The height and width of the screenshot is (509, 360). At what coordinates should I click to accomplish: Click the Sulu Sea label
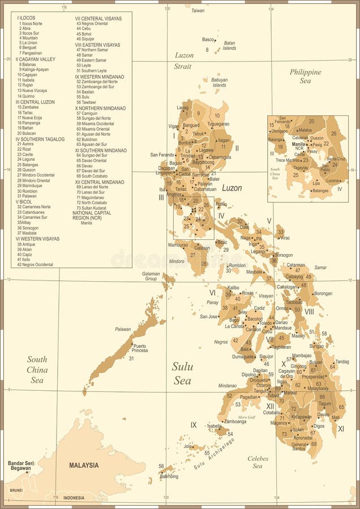pyautogui.click(x=182, y=374)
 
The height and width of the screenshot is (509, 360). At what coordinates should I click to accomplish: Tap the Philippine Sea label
pyautogui.click(x=305, y=76)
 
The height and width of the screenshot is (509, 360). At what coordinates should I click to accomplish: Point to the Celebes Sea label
pyautogui.click(x=258, y=462)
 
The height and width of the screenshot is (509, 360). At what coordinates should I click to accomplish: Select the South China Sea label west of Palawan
pyautogui.click(x=37, y=369)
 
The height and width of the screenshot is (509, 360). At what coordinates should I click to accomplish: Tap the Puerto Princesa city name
pyautogui.click(x=139, y=348)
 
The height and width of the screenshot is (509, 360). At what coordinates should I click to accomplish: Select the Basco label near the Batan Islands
pyautogui.click(x=208, y=40)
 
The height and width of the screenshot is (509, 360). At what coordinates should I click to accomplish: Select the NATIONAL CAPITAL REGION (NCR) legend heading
pyautogui.click(x=98, y=215)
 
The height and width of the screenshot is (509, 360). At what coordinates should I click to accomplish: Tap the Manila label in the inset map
pyautogui.click(x=298, y=144)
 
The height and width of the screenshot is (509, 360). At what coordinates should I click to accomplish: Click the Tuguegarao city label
pyautogui.click(x=218, y=123)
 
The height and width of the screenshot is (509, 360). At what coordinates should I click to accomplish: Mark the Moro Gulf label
pyautogui.click(x=247, y=417)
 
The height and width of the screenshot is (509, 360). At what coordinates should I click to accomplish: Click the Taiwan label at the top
pyautogui.click(x=198, y=11)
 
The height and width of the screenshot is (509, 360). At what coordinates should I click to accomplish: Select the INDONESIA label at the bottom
pyautogui.click(x=74, y=498)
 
